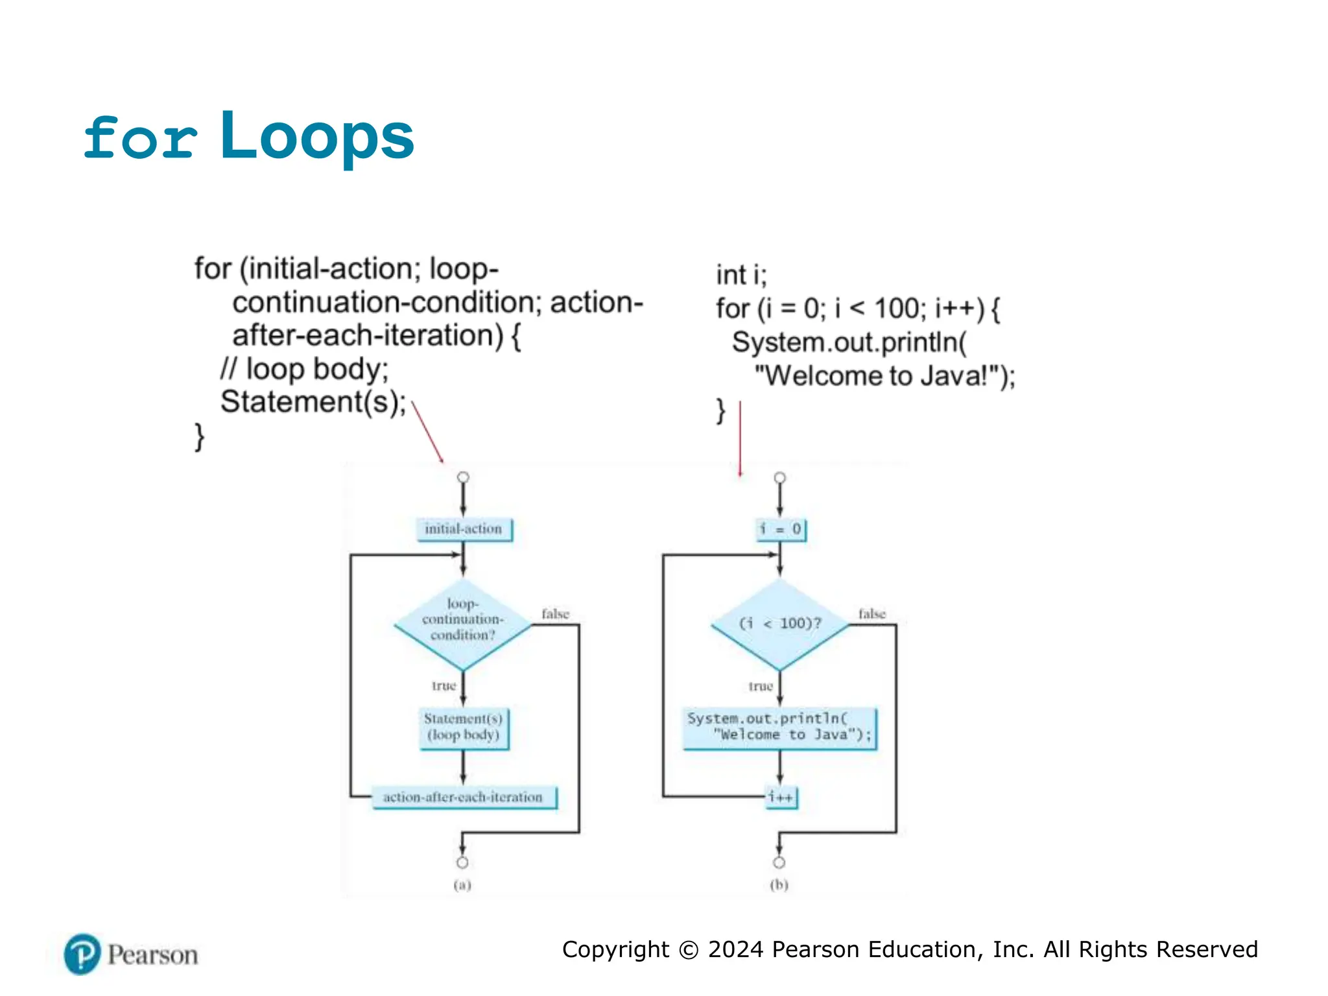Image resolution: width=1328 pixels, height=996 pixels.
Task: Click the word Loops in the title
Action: (x=317, y=136)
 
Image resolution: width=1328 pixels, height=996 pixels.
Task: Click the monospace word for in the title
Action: (x=141, y=137)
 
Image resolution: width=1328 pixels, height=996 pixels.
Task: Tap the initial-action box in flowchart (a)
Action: (x=463, y=529)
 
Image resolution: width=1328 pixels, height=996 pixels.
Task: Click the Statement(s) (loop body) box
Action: (x=463, y=728)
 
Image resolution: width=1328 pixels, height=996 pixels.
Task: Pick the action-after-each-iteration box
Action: (x=463, y=797)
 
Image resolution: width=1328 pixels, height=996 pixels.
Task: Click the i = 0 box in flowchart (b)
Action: (x=780, y=529)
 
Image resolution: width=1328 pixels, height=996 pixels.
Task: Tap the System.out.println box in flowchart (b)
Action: (x=780, y=728)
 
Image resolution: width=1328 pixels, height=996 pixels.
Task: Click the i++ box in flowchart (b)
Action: (x=781, y=797)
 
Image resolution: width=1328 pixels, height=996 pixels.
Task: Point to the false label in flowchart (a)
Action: (x=555, y=613)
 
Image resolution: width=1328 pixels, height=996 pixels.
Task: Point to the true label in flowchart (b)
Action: (x=761, y=686)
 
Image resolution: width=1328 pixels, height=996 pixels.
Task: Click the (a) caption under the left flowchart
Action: (x=462, y=884)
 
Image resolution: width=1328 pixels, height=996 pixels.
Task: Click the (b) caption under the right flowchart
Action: (x=779, y=884)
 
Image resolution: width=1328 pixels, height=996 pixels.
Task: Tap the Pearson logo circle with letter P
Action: (x=82, y=954)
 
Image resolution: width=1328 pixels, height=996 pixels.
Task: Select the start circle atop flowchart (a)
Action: (x=463, y=477)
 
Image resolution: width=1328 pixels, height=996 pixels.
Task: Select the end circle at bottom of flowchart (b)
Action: (x=779, y=862)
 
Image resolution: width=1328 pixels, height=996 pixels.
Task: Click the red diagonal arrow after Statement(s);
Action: (x=428, y=432)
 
